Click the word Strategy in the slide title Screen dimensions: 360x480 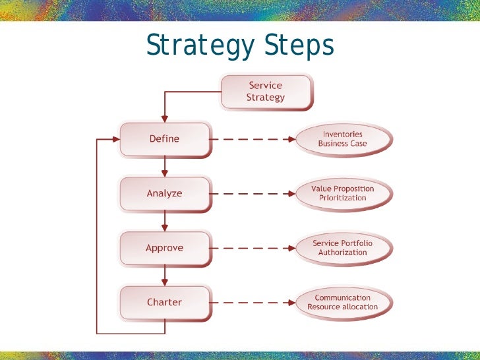point(200,47)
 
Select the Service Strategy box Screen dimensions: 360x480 point(265,92)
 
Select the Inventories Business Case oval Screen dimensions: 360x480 point(342,139)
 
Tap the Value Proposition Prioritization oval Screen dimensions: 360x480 point(342,193)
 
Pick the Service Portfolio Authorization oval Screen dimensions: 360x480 point(342,248)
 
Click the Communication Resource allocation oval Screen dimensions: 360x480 point(342,303)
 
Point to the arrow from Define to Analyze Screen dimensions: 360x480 point(164,167)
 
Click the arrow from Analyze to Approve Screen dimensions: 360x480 point(164,222)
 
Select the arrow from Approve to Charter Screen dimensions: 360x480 point(164,276)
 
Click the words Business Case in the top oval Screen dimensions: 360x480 point(342,144)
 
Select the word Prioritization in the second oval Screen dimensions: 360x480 point(342,198)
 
